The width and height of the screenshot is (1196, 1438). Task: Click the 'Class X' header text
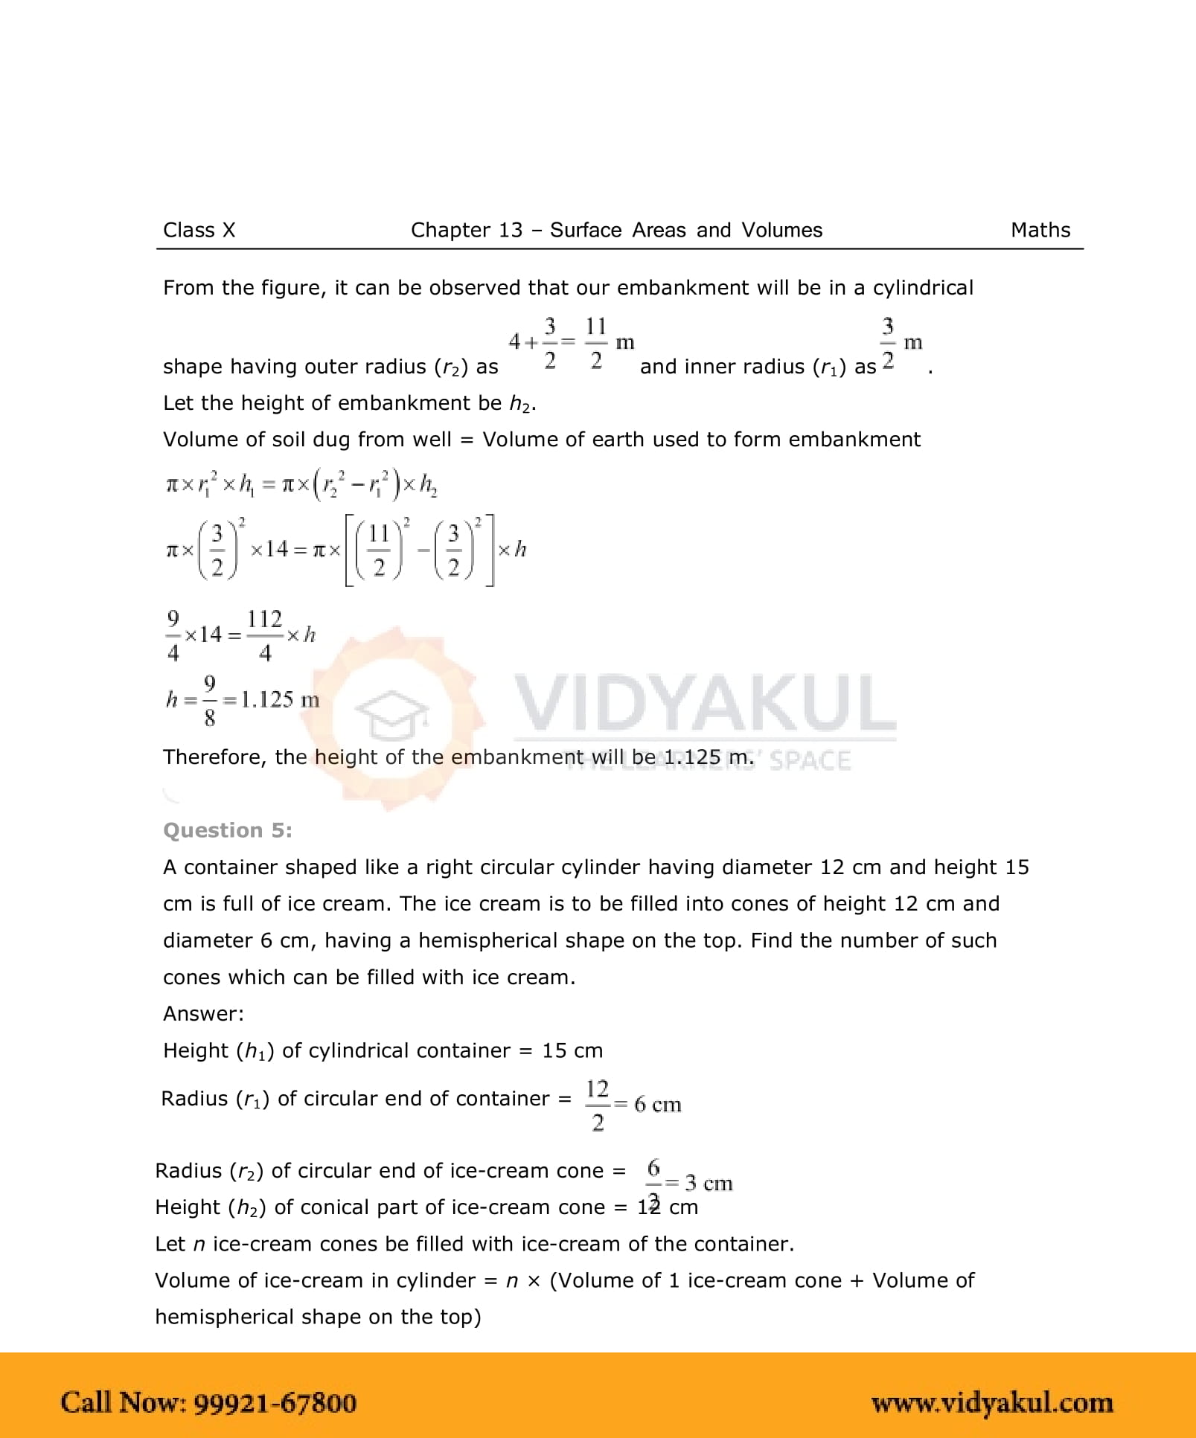click(x=199, y=230)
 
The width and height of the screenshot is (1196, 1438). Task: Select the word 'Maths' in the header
click(x=1040, y=230)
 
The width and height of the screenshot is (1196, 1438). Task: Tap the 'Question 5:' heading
click(x=227, y=830)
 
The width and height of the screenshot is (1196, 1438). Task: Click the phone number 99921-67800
click(x=275, y=1403)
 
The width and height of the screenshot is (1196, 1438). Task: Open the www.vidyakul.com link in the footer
click(x=991, y=1403)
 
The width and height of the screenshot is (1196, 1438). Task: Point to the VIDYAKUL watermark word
click(x=704, y=703)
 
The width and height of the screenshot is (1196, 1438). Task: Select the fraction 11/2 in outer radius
click(x=595, y=343)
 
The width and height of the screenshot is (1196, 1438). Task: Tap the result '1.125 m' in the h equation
click(x=280, y=699)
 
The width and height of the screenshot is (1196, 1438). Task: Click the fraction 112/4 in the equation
click(x=264, y=635)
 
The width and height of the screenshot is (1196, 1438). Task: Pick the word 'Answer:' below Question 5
click(x=203, y=1013)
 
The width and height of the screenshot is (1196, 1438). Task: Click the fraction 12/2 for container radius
click(x=597, y=1105)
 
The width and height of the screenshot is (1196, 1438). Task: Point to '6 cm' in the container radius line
click(x=657, y=1105)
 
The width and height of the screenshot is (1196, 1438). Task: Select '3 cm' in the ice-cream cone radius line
click(x=708, y=1183)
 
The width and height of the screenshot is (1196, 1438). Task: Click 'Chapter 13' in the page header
click(x=467, y=230)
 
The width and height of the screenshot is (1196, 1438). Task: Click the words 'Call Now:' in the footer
click(x=123, y=1403)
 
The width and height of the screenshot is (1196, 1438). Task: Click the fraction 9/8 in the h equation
click(x=209, y=700)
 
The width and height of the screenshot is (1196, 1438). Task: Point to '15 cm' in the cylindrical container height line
click(x=572, y=1050)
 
